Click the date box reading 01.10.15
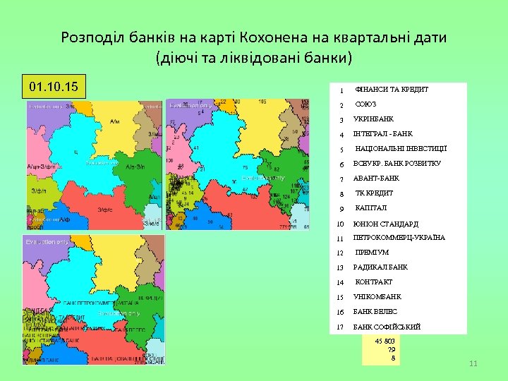(54, 88)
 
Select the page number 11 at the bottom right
(473, 363)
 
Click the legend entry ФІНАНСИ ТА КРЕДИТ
(392, 90)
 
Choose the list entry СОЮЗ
(366, 104)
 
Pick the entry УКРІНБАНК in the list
(374, 119)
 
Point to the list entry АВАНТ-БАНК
(376, 179)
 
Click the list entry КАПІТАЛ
(370, 208)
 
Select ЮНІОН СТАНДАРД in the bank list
(386, 224)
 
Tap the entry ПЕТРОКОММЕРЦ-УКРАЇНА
(399, 238)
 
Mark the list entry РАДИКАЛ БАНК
(380, 267)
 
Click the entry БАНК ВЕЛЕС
(375, 312)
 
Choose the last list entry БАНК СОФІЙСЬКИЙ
(387, 327)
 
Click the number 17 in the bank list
(340, 327)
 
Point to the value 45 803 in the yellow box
(385, 341)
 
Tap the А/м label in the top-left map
(116, 121)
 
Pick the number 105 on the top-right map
(262, 102)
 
